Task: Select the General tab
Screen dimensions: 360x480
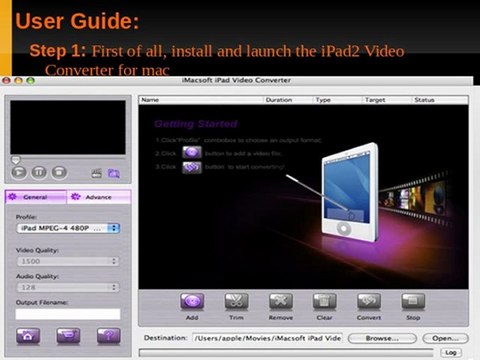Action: (x=35, y=197)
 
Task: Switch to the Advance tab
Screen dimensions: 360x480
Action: (x=97, y=197)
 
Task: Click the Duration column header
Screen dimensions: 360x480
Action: (x=279, y=100)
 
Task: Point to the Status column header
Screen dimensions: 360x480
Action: (x=424, y=100)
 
